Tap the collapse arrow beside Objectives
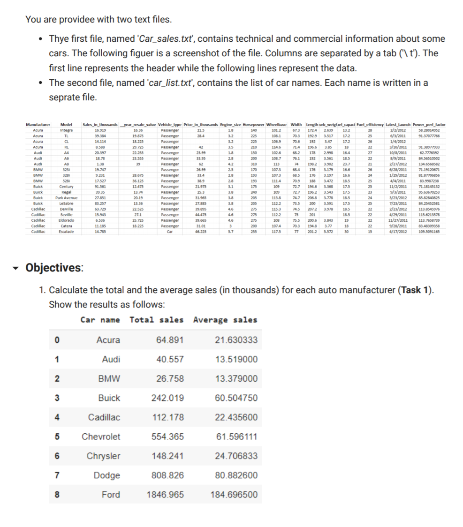tap(17, 268)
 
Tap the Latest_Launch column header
tap(397, 124)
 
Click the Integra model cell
tap(66, 129)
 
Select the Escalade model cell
tap(66, 232)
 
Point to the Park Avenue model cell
tap(66, 197)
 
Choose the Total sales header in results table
tap(156, 320)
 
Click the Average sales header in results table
tap(225, 320)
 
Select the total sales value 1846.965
tap(165, 495)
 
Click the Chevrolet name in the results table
tap(101, 437)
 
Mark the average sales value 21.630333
tap(236, 340)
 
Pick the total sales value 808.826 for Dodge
tap(167, 475)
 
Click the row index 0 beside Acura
tap(56, 340)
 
